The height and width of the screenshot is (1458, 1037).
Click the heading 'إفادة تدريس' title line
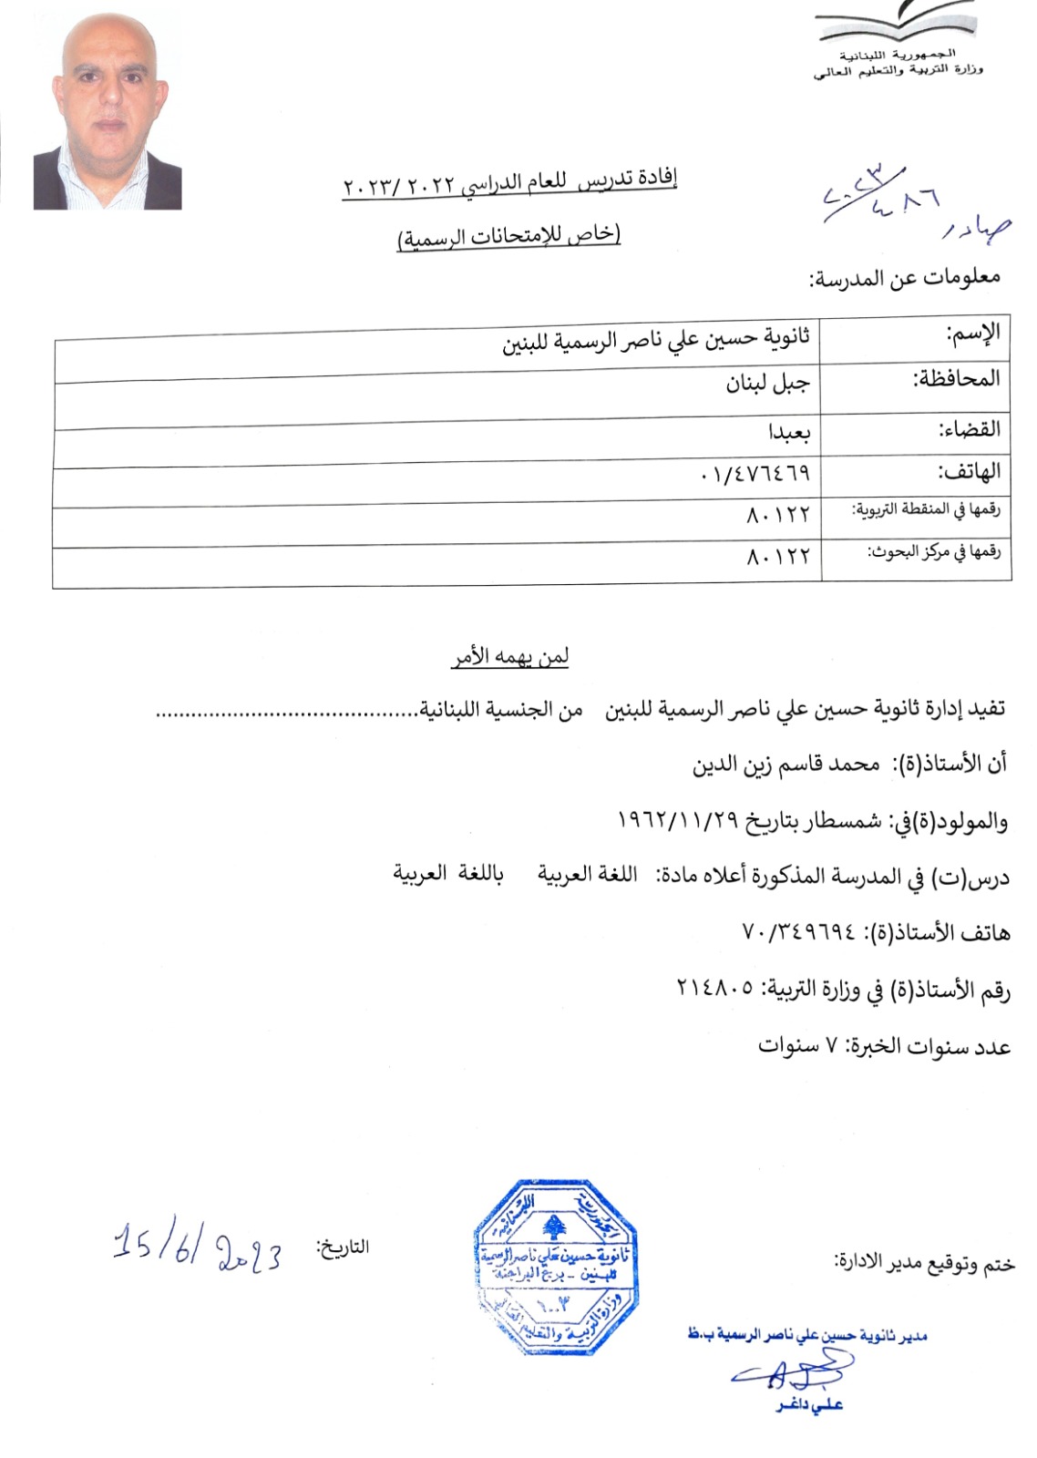tap(510, 183)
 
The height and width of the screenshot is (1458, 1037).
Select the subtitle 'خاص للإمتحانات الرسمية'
tap(508, 236)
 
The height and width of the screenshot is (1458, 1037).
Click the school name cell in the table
tap(656, 341)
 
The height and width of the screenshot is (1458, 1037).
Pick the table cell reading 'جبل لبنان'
tap(767, 384)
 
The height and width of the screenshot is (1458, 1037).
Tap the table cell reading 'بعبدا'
tap(788, 431)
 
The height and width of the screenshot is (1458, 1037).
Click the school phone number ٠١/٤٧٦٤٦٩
tap(755, 474)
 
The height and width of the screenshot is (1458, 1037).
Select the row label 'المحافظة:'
tap(956, 378)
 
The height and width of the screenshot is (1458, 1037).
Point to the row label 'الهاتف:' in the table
tap(970, 471)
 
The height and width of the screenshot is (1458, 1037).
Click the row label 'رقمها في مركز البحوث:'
tap(933, 552)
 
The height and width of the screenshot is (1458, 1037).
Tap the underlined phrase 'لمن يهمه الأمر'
tap(510, 657)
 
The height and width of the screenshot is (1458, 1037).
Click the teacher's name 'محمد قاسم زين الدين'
tap(785, 765)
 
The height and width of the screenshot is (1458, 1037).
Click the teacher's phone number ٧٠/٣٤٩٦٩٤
tap(800, 932)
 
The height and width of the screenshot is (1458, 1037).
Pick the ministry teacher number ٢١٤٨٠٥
tap(714, 987)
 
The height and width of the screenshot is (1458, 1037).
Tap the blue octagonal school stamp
tap(555, 1267)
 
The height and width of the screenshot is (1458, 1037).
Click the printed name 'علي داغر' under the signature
tap(809, 1405)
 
